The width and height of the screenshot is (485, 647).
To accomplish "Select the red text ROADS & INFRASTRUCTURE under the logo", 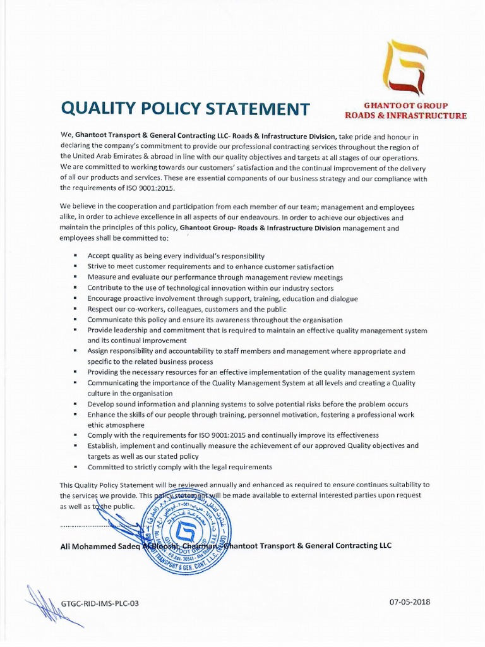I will [x=405, y=116].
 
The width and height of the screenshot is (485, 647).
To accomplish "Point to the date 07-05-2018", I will [x=410, y=602].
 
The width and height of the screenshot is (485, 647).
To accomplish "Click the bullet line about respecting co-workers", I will [x=187, y=309].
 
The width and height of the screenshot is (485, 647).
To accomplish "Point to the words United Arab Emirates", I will [x=107, y=157].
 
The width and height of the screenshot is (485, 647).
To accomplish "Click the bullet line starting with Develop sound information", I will [x=248, y=404].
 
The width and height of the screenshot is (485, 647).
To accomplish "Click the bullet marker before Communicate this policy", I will [x=75, y=320].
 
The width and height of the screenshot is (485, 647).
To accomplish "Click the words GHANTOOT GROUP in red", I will [x=405, y=106].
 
